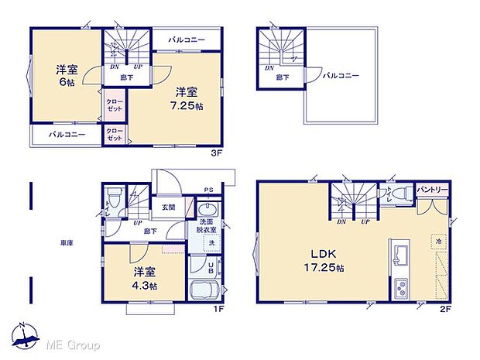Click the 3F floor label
point(217,153)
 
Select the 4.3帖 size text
point(144,285)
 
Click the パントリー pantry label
point(431,190)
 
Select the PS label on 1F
point(208,189)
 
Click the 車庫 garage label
point(67,243)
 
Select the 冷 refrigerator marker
point(438,242)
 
